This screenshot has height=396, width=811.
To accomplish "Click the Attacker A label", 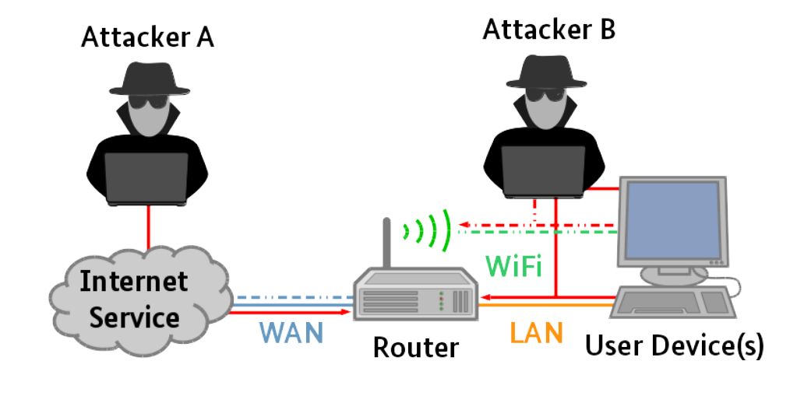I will tap(147, 37).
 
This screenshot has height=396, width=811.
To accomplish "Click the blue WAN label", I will tap(291, 333).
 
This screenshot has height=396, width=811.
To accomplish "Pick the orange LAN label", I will tap(536, 332).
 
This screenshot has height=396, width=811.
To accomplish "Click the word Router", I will tap(415, 347).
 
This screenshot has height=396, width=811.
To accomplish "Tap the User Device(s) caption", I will tap(674, 345).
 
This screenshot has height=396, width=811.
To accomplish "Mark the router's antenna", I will tap(384, 244).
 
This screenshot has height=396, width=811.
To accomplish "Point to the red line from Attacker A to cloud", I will tap(147, 226).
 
